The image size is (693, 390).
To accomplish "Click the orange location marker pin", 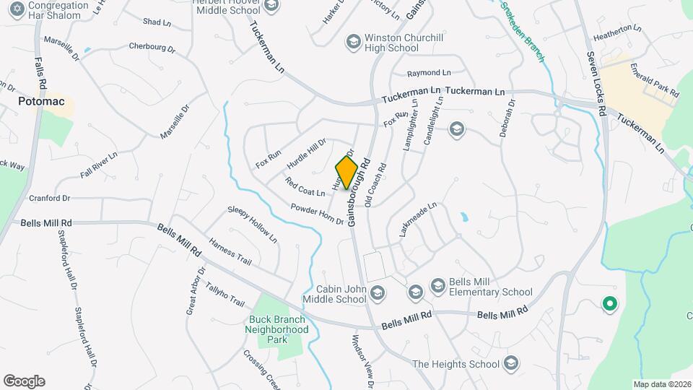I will pos(347,172).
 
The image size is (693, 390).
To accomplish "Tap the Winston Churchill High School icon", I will pos(353,40).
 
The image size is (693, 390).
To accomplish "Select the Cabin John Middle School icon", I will pos(378,292).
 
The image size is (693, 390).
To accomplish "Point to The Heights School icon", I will pos(511,363).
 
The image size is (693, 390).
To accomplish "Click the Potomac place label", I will pos(41,102).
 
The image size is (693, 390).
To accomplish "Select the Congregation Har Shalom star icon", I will pos(14,9).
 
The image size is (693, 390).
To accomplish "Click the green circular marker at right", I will pos(609,305).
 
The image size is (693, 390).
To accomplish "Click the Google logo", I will pos(24,381).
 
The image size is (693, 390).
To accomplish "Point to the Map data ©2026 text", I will pos(661,384).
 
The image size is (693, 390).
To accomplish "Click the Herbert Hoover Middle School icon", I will pos(271,6).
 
